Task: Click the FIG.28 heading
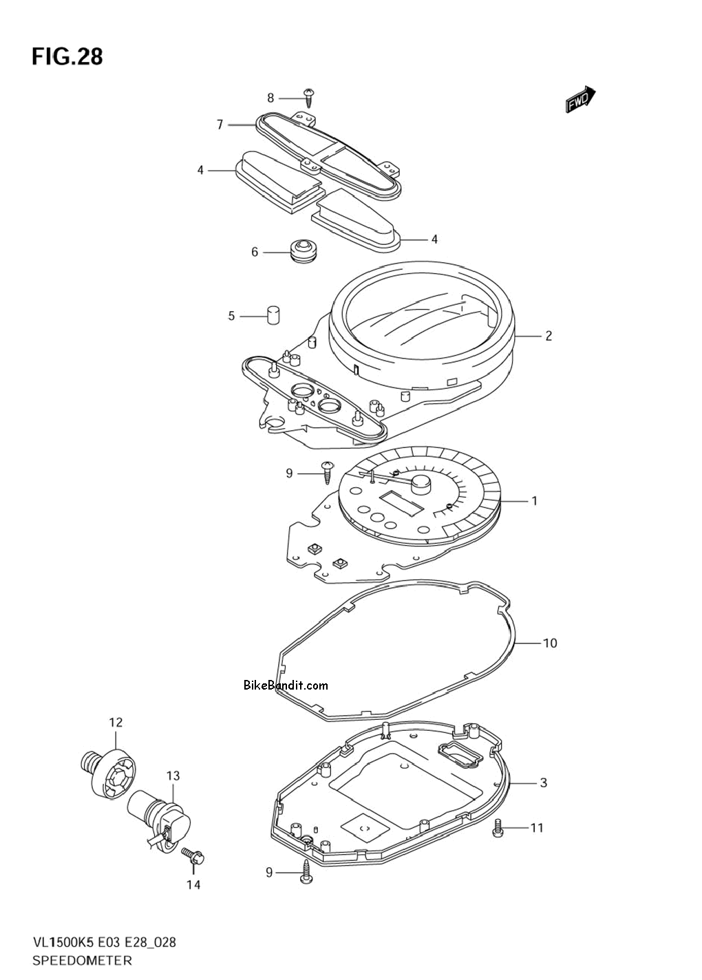click(x=67, y=57)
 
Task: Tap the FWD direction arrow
click(x=580, y=100)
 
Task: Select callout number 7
click(x=220, y=125)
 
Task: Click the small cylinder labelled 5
click(x=273, y=315)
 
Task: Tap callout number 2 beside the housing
click(x=549, y=336)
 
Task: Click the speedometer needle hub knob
click(x=421, y=483)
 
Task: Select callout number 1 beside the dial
click(x=534, y=500)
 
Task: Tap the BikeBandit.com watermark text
click(x=286, y=685)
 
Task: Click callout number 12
click(x=116, y=723)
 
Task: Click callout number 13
click(x=173, y=776)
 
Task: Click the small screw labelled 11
click(x=497, y=828)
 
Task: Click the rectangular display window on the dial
click(x=402, y=502)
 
